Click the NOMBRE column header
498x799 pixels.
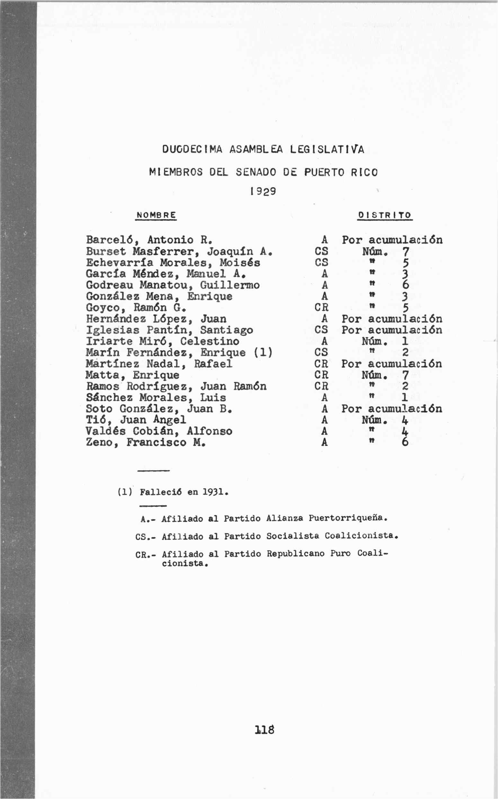[x=156, y=215]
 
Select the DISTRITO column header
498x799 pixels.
[x=385, y=215]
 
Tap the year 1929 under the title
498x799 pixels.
[x=263, y=192]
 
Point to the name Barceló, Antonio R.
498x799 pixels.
[x=149, y=239]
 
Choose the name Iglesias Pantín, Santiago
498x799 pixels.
[x=169, y=330]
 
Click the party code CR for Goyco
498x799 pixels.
[x=322, y=307]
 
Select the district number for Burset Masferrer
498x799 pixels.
[x=405, y=252]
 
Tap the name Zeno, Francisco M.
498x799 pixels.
[x=146, y=442]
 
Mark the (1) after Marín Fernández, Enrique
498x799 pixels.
[x=263, y=353]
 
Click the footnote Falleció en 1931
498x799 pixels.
[x=184, y=492]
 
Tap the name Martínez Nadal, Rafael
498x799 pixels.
[x=159, y=364]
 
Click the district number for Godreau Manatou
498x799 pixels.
[x=405, y=285]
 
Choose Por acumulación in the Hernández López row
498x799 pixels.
[x=392, y=319]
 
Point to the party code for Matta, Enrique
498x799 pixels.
[x=322, y=375]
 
